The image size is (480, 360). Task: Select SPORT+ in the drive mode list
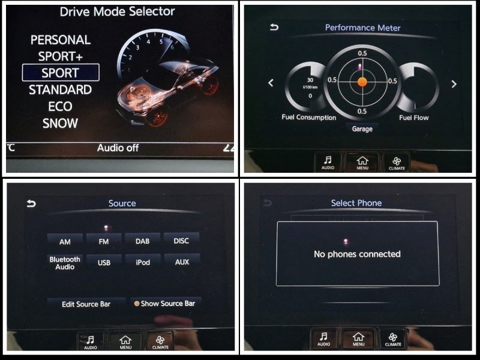61,56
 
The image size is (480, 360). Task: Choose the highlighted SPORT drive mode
61,73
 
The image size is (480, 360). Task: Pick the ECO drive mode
60,106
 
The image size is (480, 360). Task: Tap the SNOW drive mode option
60,123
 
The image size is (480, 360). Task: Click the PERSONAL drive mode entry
61,40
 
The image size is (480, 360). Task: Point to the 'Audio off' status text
118,148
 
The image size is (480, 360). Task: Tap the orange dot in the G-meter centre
362,82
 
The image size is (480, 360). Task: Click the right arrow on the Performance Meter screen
454,84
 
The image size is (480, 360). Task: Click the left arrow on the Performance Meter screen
271,83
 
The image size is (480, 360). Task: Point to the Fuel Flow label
414,118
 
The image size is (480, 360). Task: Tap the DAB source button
142,241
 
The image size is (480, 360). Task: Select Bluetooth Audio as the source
65,263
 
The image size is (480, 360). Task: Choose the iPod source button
143,262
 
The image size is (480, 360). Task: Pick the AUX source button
182,262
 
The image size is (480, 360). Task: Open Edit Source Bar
86,304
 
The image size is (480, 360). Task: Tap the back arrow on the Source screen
31,203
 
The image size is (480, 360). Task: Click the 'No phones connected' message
357,254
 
